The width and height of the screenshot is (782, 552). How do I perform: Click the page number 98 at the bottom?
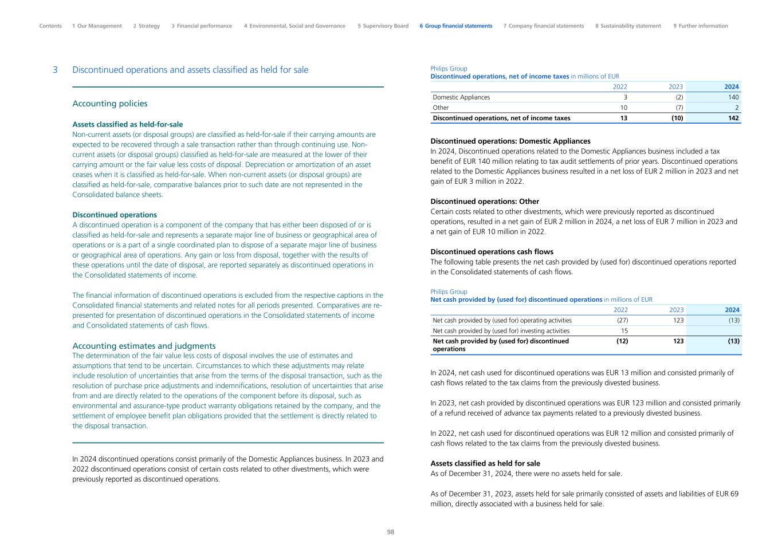tap(391, 532)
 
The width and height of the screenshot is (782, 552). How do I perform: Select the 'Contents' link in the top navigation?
tap(50, 26)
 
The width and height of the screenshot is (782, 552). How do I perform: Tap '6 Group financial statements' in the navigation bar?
tap(455, 26)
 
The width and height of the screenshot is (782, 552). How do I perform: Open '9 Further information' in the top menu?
tap(700, 26)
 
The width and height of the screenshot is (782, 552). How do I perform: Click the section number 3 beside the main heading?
tap(55, 70)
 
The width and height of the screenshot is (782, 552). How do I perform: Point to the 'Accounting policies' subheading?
tap(109, 104)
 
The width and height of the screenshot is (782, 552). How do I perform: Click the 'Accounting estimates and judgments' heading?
tap(144, 346)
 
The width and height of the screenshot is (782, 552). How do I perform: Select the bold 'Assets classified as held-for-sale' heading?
tap(127, 124)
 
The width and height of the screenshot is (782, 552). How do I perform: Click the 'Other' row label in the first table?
tap(441, 108)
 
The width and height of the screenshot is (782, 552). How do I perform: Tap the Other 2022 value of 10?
tap(623, 108)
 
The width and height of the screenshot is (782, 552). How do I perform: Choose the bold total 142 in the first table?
tap(733, 118)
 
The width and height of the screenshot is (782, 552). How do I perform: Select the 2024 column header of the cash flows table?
tap(732, 310)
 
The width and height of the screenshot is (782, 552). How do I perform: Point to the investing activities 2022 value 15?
tap(624, 331)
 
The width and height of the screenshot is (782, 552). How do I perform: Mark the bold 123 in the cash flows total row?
tap(678, 341)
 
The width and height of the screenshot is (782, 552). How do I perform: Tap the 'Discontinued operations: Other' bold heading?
tap(485, 202)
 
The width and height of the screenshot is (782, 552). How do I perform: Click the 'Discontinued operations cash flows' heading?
tap(492, 252)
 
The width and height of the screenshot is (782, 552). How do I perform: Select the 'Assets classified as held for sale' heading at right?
tap(485, 463)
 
